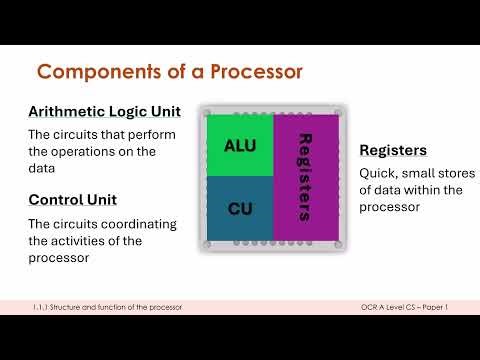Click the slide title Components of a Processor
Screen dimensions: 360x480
click(169, 72)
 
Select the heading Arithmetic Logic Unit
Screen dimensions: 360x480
click(104, 111)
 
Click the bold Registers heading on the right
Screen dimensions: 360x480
click(393, 150)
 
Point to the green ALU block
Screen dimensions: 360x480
click(239, 146)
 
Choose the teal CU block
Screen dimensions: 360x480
click(239, 208)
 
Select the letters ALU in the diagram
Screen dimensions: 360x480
click(239, 146)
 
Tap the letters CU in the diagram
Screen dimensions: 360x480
click(239, 210)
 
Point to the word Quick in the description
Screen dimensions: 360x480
click(379, 171)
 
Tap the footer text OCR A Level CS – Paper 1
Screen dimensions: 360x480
click(403, 306)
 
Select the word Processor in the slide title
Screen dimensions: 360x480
click(248, 72)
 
